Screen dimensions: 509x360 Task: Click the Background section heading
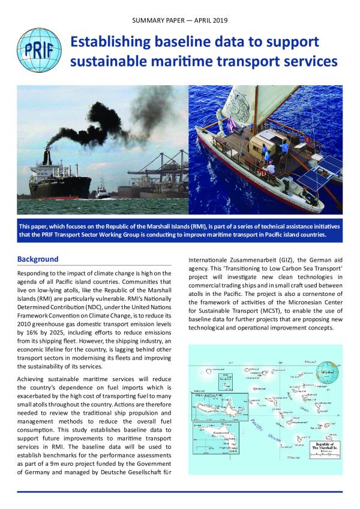click(x=38, y=259)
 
